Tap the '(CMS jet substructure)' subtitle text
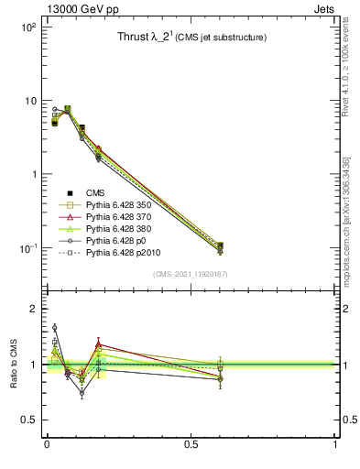click(x=222, y=38)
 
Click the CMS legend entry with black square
click(x=95, y=192)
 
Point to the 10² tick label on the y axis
click(x=27, y=27)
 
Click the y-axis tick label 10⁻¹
click(x=27, y=248)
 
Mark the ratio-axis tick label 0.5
click(x=27, y=420)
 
